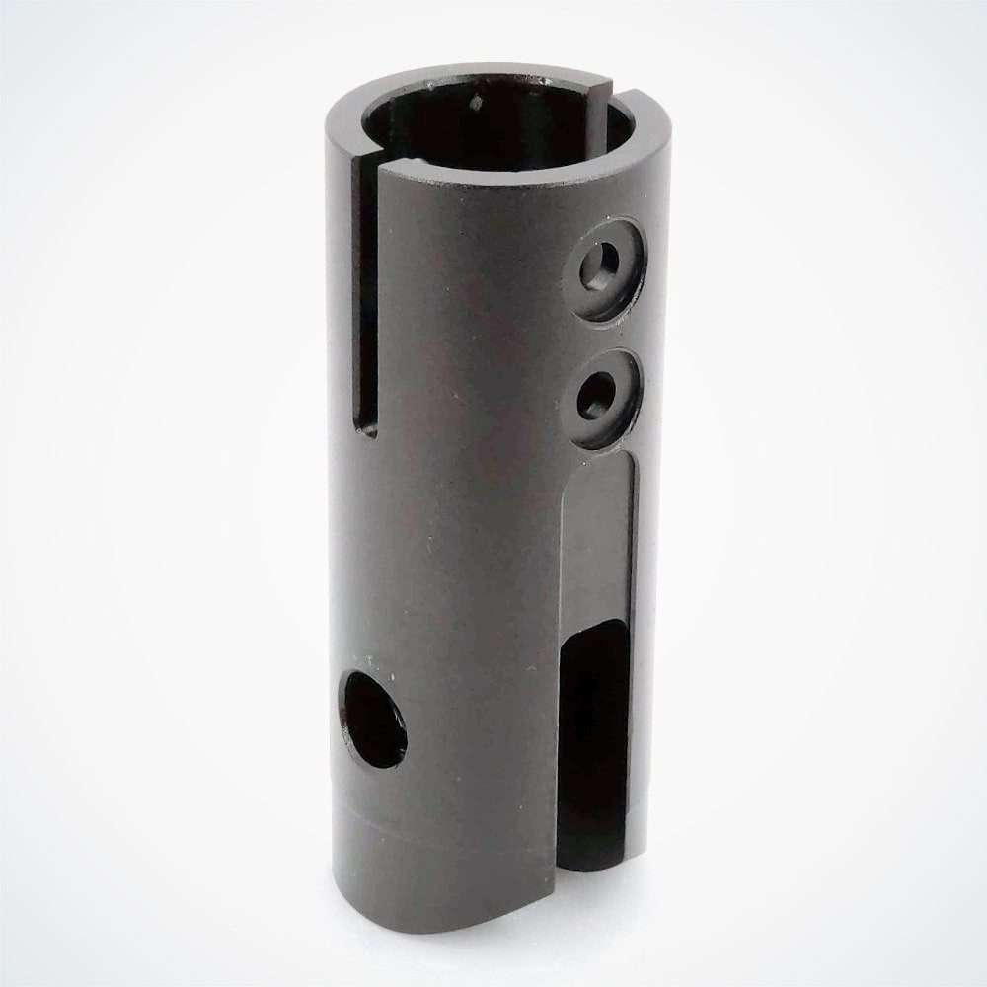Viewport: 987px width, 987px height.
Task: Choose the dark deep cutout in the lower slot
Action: click(592, 730)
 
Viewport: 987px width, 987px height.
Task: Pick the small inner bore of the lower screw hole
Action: click(595, 400)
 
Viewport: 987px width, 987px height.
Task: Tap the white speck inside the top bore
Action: click(477, 100)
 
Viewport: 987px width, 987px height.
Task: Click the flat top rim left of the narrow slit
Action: click(341, 118)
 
